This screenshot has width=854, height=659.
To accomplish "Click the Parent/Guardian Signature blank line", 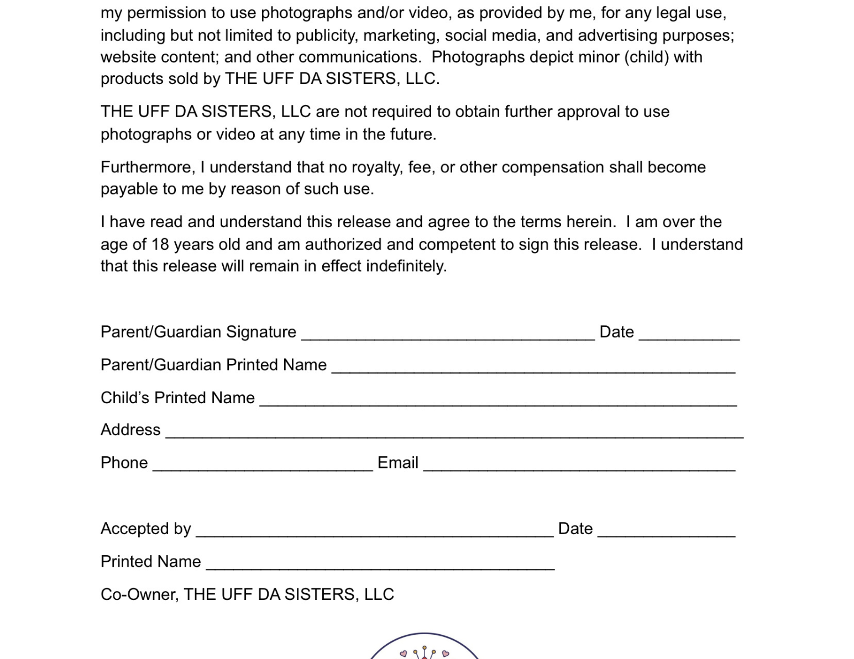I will pyautogui.click(x=448, y=334).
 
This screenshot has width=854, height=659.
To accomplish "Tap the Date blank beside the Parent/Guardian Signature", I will pyautogui.click(x=689, y=334).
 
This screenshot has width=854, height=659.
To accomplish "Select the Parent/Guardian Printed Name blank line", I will pyautogui.click(x=533, y=367).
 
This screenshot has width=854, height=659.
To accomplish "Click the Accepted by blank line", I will pyautogui.click(x=374, y=530).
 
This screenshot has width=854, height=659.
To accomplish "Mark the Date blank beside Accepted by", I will pyautogui.click(x=666, y=530).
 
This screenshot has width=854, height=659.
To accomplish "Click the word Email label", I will pyautogui.click(x=397, y=462).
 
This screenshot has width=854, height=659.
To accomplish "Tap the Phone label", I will pyautogui.click(x=124, y=462).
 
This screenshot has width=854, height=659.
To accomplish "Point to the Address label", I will pyautogui.click(x=130, y=430).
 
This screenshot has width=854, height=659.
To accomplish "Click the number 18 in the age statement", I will pyautogui.click(x=160, y=244).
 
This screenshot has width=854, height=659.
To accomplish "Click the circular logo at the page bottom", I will pyautogui.click(x=424, y=647).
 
